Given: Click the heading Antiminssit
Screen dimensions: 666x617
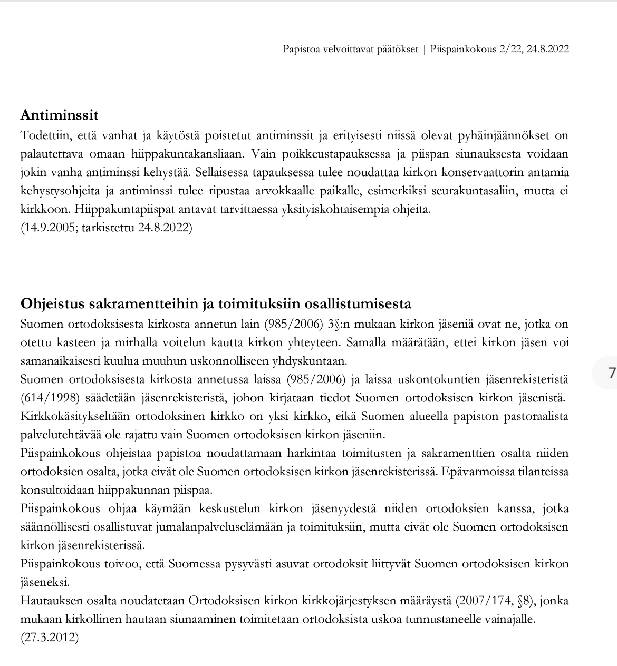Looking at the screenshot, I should coord(59,115).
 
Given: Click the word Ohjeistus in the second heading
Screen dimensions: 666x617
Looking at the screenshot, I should coord(52,304).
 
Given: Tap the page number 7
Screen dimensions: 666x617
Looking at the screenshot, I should coord(611,374).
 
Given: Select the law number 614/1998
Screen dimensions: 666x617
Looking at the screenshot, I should coord(46,398).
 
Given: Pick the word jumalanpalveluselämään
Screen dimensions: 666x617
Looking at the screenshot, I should coord(213,527).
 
